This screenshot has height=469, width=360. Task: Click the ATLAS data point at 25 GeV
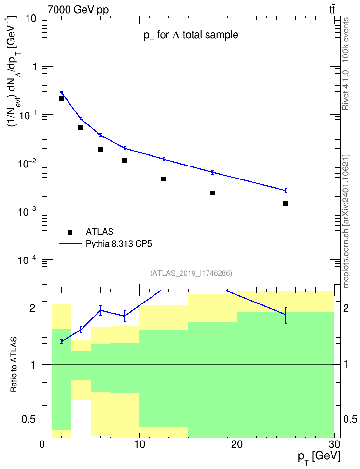coord(286,203)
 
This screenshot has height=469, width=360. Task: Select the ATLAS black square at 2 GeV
coord(61,98)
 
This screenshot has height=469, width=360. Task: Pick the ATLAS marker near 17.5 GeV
coord(212,193)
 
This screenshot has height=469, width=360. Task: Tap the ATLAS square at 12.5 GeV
coord(164,179)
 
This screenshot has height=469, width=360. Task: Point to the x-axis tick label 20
coord(237,444)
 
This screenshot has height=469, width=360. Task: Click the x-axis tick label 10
coord(139,444)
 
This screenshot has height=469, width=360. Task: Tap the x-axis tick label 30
coord(334,444)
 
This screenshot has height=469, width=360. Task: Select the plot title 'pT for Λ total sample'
coord(191,36)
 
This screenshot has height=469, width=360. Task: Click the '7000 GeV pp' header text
coord(78,10)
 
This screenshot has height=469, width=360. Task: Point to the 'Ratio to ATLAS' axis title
coord(14,364)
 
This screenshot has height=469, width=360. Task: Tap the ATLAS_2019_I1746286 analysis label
coord(191,273)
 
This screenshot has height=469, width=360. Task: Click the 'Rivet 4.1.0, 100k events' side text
coord(346,64)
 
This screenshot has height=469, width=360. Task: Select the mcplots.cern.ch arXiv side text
coord(346,221)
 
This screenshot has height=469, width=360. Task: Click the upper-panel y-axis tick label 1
coord(34,67)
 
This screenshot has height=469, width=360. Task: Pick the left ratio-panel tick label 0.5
coord(29,420)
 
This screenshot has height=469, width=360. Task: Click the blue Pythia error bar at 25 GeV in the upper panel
coord(286,190)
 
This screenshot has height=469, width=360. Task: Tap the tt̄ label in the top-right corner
coord(332,9)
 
